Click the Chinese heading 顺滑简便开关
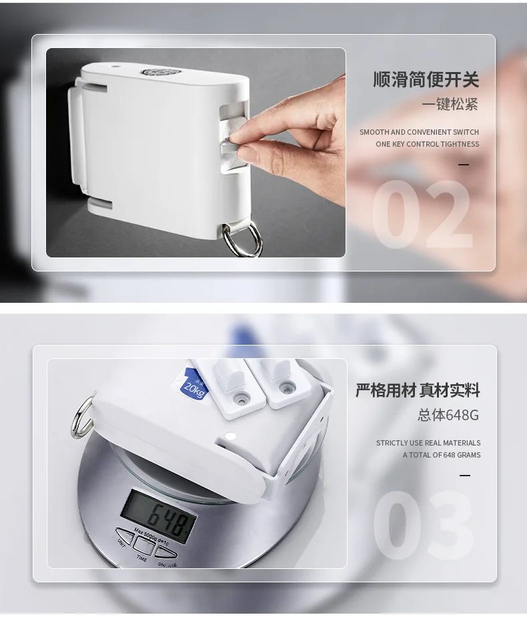[426, 80]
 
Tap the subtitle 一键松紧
[450, 105]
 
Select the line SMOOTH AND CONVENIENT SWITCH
[419, 132]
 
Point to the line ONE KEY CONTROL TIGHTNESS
[427, 144]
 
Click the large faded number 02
[421, 215]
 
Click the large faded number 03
[423, 527]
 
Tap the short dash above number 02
[464, 165]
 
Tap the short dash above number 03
[465, 476]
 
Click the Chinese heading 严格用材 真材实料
[418, 391]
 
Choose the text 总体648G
[448, 415]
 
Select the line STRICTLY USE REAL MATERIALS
[428, 443]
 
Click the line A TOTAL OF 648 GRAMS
[442, 455]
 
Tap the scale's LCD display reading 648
[159, 515]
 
